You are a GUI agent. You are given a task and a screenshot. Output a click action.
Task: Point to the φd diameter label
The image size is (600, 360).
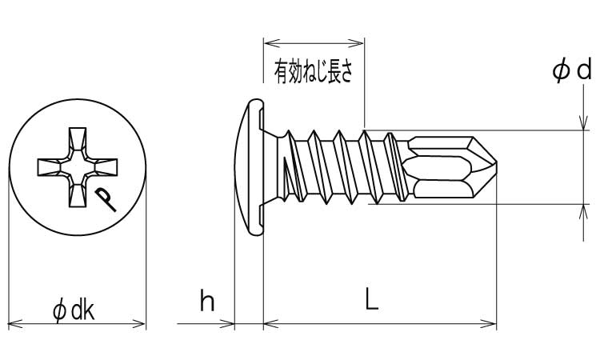[x=571, y=72]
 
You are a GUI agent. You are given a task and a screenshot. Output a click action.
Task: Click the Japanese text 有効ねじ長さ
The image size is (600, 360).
[x=314, y=74]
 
